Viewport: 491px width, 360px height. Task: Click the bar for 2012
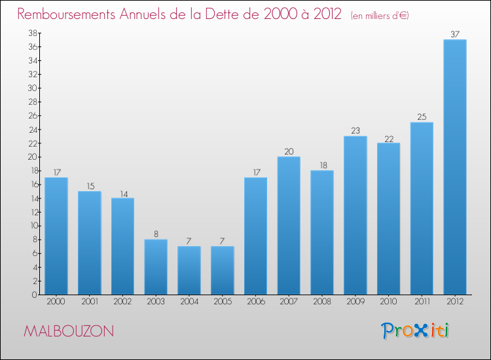point(454,167)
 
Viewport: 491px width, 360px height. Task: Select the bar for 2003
point(156,267)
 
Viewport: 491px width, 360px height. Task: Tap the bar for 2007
point(289,226)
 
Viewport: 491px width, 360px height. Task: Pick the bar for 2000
point(56,236)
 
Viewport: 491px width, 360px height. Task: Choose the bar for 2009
point(355,215)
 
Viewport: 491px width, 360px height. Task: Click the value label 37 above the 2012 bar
point(454,34)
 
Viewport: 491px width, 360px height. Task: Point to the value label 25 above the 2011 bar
point(422,117)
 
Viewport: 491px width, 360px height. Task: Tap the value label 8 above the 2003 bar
point(156,234)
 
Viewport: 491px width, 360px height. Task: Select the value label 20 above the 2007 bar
point(289,151)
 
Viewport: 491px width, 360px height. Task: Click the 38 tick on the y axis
point(32,33)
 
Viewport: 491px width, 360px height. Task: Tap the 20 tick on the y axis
point(32,157)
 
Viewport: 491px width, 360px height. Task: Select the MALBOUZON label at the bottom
point(68,331)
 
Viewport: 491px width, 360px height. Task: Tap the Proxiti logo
point(416,331)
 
